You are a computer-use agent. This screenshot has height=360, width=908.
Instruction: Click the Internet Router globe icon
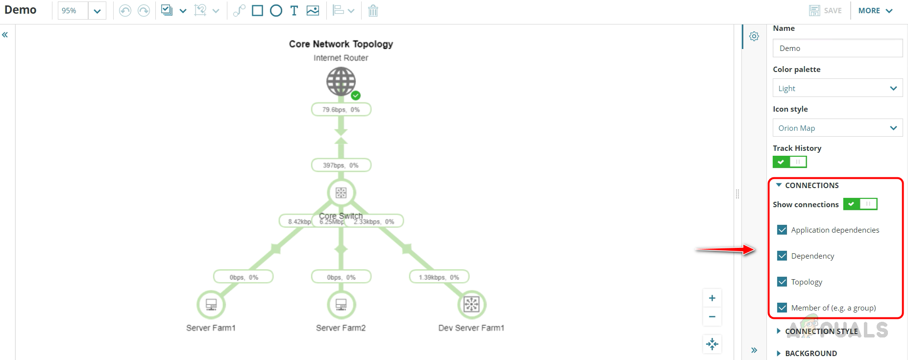coord(341,81)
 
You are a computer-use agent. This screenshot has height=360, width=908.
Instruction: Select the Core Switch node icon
coord(341,193)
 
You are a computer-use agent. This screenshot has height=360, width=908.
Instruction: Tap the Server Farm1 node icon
coord(211,305)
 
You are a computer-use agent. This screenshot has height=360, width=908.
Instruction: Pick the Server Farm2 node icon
coord(341,305)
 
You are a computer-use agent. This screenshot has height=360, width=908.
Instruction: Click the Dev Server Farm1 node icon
coord(471,305)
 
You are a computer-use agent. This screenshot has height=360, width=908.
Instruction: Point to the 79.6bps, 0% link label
coord(341,110)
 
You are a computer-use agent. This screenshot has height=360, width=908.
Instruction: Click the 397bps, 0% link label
coord(341,166)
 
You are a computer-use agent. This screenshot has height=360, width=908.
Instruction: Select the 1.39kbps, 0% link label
coord(439,277)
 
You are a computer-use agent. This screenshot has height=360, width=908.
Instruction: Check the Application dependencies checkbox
coord(782,230)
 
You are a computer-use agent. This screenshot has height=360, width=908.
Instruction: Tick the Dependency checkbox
coord(782,256)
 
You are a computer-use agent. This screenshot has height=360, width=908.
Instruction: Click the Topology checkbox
coord(782,282)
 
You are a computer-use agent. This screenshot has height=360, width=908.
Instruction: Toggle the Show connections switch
coord(860,204)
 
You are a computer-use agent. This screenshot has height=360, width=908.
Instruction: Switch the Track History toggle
coord(789,162)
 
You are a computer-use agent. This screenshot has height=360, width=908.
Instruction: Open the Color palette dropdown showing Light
coord(837,88)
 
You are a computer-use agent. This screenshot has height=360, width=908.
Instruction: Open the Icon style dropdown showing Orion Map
coord(837,128)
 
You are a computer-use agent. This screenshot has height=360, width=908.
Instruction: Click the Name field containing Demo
coord(837,48)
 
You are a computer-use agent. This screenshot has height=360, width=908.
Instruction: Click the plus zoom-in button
coord(712,298)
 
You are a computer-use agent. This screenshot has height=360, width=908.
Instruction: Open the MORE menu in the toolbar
coord(875,11)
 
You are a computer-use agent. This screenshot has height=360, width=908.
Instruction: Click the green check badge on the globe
coord(356,96)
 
